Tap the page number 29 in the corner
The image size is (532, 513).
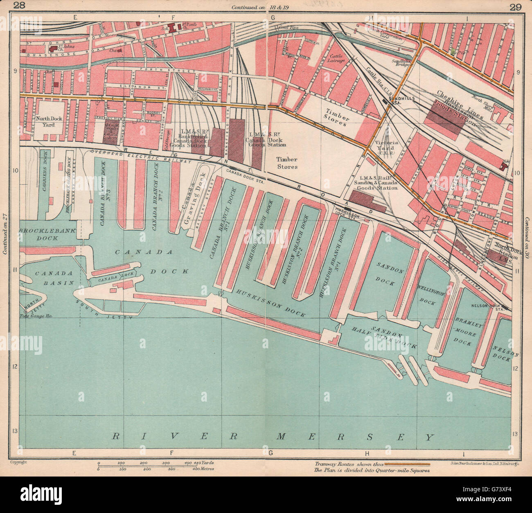[516, 6]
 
